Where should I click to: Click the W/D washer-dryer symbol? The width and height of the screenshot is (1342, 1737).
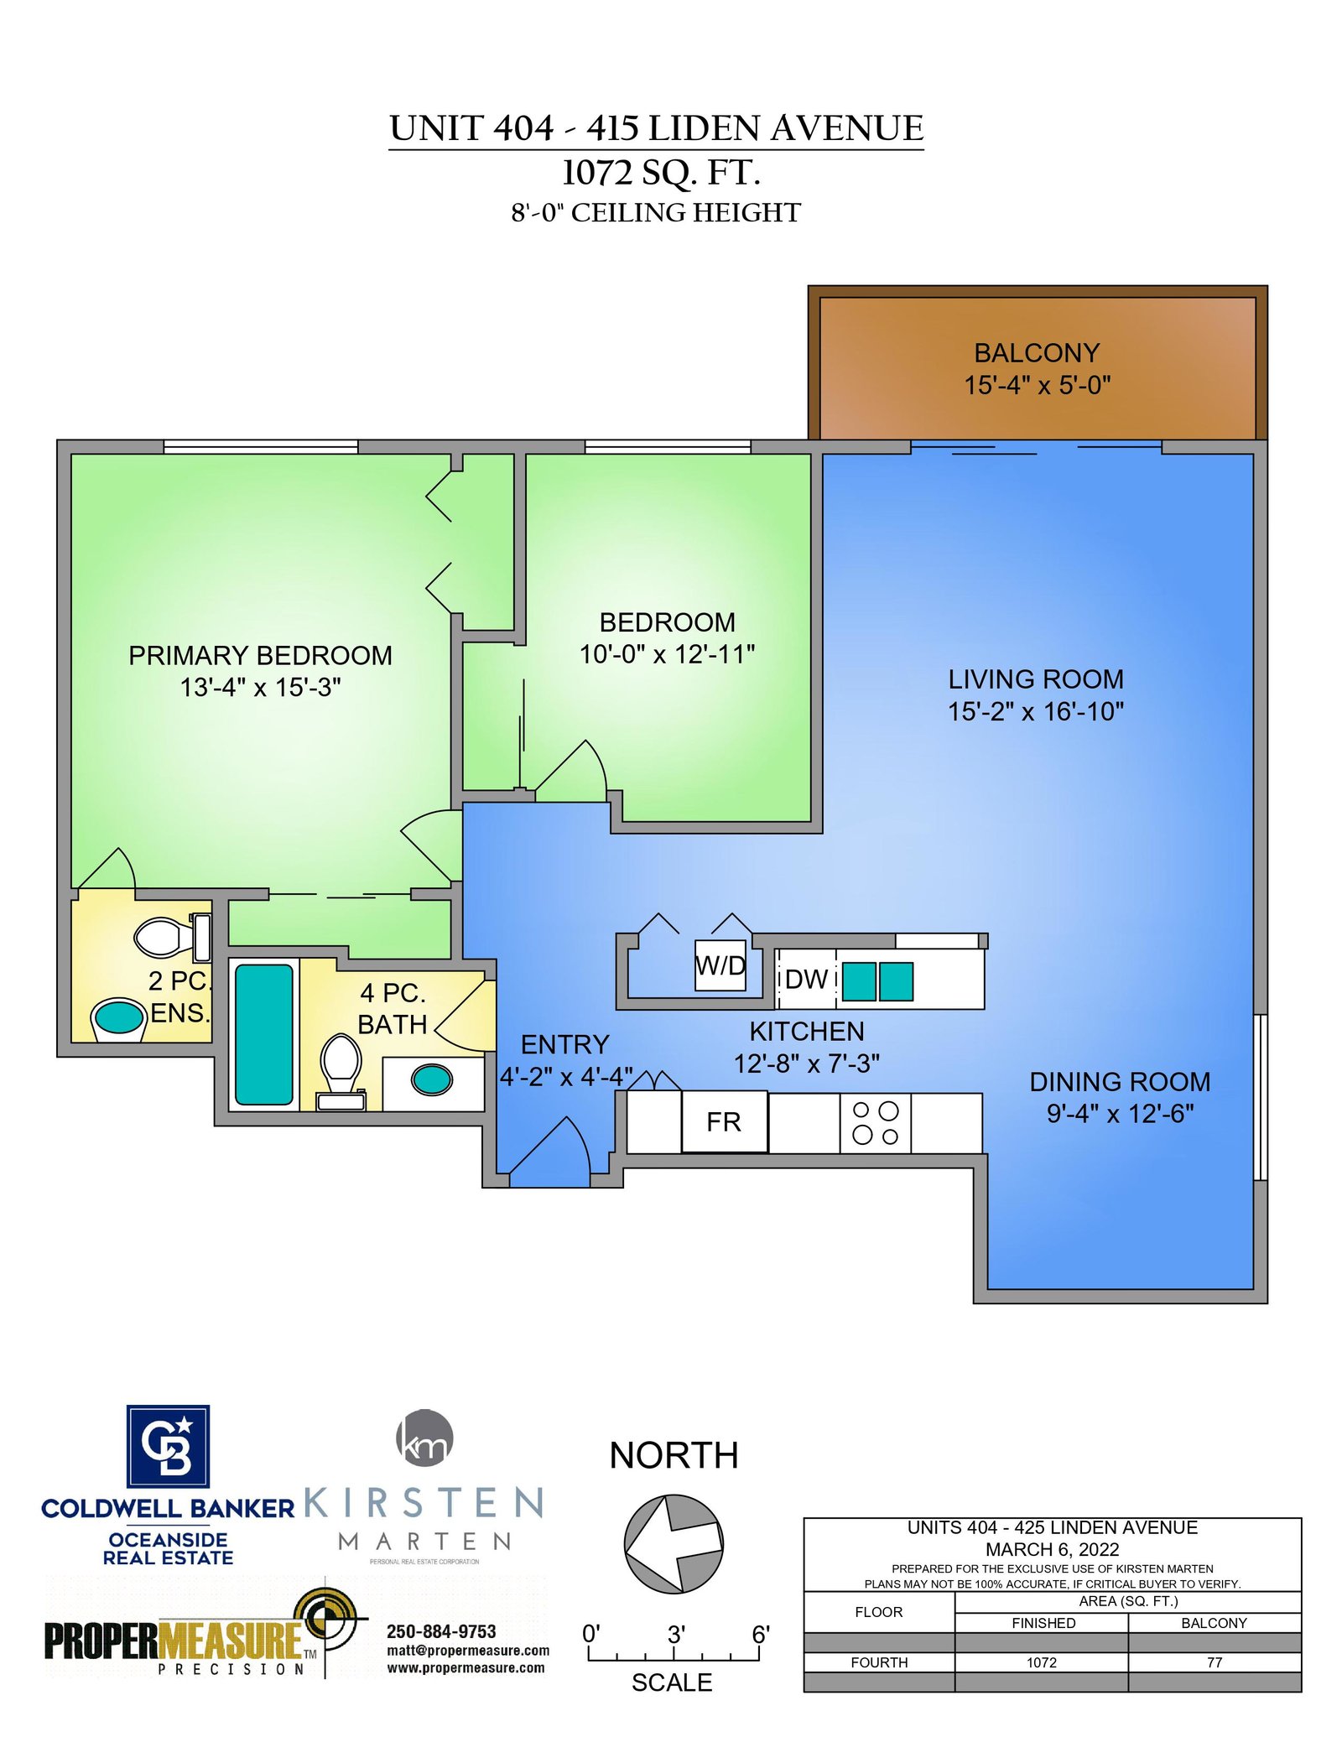[x=720, y=965]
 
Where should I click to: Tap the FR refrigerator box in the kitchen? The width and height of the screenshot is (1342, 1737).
[x=724, y=1121]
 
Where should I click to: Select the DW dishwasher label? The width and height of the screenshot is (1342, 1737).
[x=806, y=979]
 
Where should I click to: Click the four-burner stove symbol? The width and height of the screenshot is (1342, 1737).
[x=875, y=1123]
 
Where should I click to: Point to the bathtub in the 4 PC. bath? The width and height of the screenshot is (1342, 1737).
[x=264, y=1034]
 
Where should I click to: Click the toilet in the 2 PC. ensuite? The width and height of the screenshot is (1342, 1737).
[x=173, y=937]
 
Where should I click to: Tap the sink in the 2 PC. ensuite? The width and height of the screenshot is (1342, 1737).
[x=119, y=1018]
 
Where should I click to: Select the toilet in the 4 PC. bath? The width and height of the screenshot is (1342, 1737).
[x=341, y=1072]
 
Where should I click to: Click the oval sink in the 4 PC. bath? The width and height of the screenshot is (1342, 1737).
[x=432, y=1079]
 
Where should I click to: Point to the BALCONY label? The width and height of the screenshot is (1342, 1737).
[x=1037, y=352]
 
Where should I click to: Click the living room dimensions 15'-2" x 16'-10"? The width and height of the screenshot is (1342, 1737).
[x=1036, y=711]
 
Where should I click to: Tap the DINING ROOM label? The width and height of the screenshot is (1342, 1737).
[x=1120, y=1082]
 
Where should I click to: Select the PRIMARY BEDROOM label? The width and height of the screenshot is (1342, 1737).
[x=260, y=655]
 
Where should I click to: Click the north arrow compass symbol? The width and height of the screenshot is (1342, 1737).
[x=674, y=1543]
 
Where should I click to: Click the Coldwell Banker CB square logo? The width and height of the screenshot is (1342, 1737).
[x=168, y=1446]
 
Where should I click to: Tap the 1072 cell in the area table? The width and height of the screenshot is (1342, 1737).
[x=1042, y=1662]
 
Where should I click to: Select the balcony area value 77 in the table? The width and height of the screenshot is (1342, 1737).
[x=1215, y=1662]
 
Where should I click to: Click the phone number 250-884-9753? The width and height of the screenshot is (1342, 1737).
[x=441, y=1631]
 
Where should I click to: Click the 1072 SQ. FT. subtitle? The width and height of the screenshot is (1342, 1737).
[x=661, y=173]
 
